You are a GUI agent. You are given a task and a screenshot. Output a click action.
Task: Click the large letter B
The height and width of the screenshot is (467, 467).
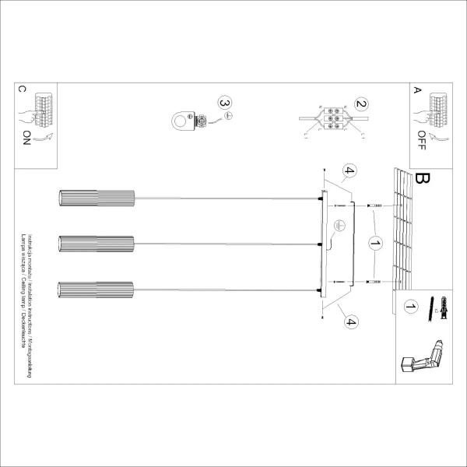click(423, 180)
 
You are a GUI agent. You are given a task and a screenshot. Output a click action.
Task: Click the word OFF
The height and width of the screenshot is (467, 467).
click(422, 139)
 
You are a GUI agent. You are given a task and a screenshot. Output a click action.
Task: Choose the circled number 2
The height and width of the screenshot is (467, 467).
click(360, 103)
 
